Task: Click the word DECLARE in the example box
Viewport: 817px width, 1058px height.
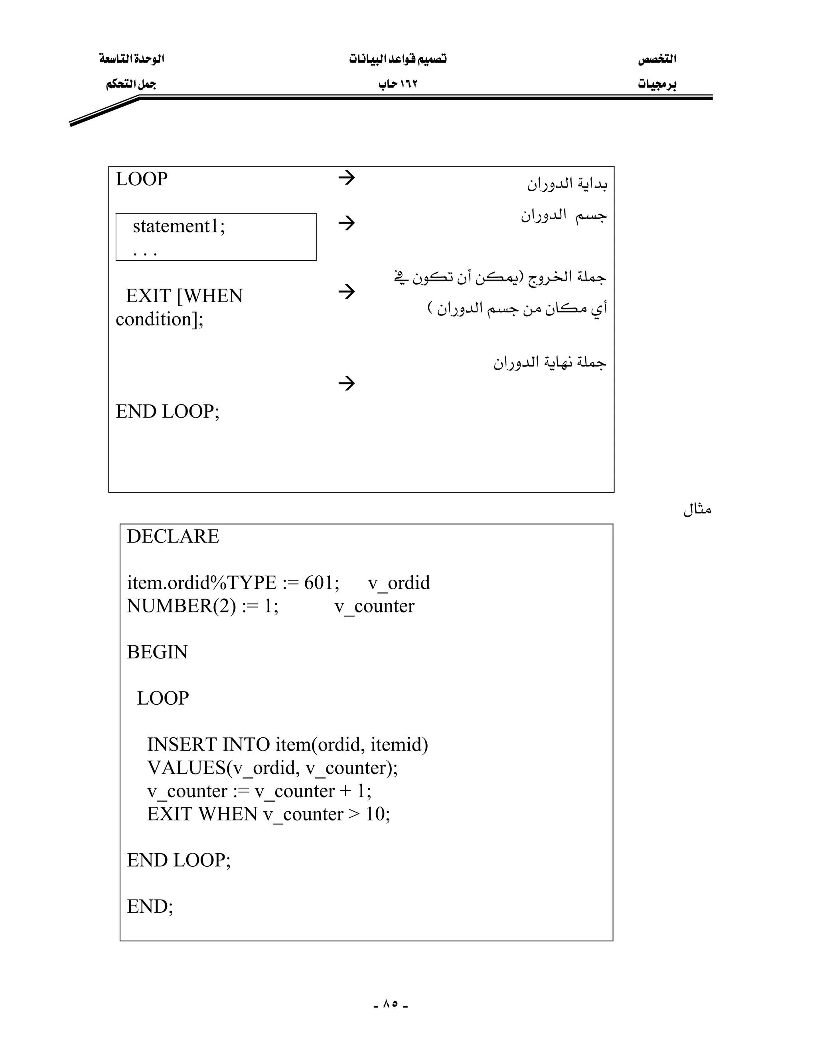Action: [x=173, y=537]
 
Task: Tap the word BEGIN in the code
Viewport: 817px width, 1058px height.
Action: [x=157, y=652]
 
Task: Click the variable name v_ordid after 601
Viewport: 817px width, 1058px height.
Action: [x=399, y=583]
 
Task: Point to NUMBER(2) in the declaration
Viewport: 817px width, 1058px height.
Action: [x=181, y=606]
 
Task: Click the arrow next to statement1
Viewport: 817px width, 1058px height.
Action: [x=347, y=223]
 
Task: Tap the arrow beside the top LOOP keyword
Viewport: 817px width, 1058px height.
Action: [x=347, y=178]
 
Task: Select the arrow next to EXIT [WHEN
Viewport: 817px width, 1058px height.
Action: [x=347, y=291]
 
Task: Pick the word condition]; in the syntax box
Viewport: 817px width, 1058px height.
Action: [x=160, y=319]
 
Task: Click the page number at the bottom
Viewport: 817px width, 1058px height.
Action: [x=391, y=1003]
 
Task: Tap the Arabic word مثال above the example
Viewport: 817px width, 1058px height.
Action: [x=697, y=509]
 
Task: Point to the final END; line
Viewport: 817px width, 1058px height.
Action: [x=150, y=906]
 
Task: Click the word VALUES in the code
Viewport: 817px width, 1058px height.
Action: [x=186, y=768]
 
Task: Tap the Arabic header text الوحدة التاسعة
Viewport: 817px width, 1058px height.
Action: [x=132, y=59]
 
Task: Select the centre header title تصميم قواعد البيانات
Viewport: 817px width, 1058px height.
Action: [x=398, y=59]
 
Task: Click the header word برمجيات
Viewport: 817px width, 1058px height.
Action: [x=657, y=84]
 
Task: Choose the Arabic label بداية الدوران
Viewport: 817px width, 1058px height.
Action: [x=567, y=184]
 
